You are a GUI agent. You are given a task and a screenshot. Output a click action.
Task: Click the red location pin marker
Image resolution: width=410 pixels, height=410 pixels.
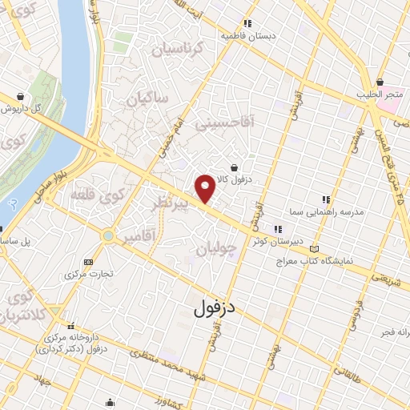[206, 187]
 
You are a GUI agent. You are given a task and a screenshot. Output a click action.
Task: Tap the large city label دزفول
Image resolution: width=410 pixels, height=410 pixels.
[217, 307]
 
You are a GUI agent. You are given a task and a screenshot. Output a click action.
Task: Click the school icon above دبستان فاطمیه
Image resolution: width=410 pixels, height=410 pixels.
[247, 23]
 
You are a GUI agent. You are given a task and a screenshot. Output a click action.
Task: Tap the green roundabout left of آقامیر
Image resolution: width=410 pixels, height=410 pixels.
[108, 235]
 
